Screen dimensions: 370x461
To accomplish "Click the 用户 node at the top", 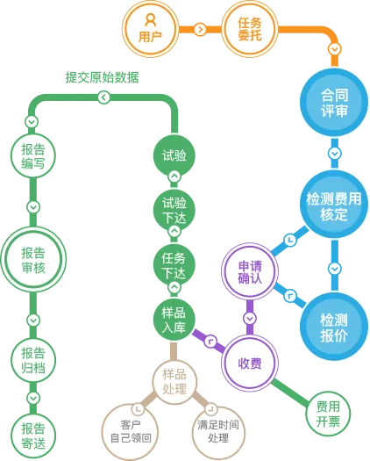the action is point(150,29).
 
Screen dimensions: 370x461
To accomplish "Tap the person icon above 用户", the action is point(150,19).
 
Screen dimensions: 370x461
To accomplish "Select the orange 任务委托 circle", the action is point(250,29).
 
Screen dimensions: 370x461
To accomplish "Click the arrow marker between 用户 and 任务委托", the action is point(200,29).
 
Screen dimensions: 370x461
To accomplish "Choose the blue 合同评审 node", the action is point(334,103).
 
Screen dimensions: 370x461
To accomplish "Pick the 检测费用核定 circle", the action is point(334,205).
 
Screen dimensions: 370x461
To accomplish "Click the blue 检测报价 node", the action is point(334,327).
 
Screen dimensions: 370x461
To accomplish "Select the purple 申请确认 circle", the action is point(250,271).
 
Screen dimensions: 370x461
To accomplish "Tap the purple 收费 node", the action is point(250,364).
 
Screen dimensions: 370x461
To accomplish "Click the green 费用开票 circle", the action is point(328,414).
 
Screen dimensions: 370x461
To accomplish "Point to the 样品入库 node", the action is point(174,321).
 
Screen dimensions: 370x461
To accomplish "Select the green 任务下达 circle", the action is point(174,266).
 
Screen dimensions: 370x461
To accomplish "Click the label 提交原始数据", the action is point(102,77).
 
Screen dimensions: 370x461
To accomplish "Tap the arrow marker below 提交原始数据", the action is point(103,97).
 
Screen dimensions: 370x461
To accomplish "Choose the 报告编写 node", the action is point(33,155).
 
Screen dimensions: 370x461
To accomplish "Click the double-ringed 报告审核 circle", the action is point(33,260).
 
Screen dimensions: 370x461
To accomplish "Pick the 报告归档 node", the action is point(33,360).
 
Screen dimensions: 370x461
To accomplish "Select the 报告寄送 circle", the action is point(33,436).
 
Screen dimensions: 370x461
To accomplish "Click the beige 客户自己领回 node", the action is point(131,431).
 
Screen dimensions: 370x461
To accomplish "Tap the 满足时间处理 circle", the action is point(218,431).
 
